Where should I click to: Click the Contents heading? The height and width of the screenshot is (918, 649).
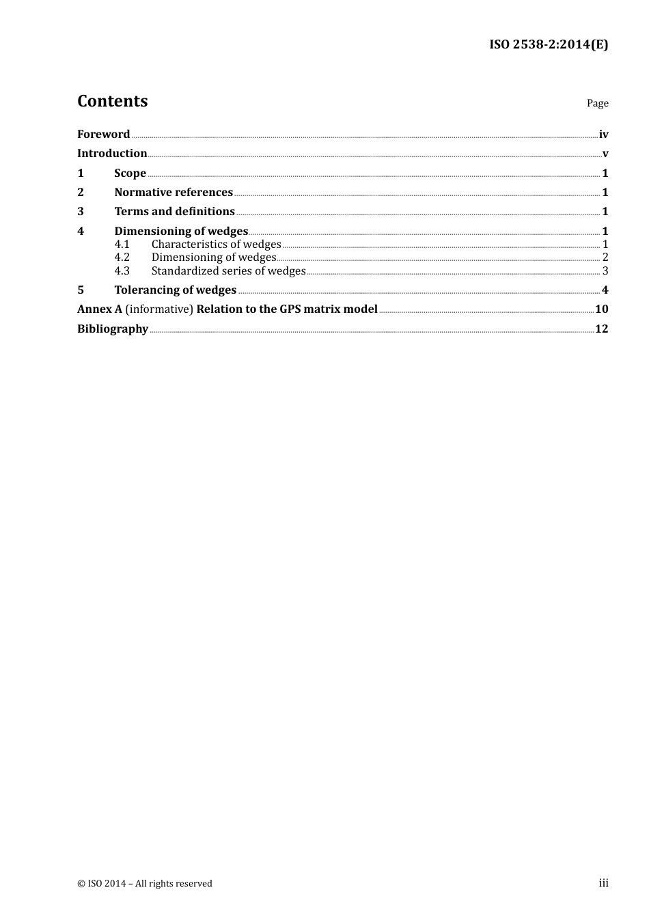(x=112, y=101)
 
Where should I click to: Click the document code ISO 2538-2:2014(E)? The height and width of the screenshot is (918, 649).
(x=549, y=45)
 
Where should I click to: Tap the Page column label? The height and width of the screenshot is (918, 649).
(x=597, y=103)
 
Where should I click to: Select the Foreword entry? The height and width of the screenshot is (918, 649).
(x=103, y=134)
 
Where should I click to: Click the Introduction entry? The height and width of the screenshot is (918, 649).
(x=112, y=153)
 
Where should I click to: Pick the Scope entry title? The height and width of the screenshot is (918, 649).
(x=130, y=173)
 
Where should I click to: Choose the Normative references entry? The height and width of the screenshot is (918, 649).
(x=174, y=192)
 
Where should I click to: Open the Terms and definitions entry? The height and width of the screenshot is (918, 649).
(x=174, y=211)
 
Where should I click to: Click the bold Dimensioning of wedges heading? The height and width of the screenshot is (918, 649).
(x=181, y=231)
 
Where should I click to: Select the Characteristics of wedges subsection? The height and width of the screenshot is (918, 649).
(x=216, y=244)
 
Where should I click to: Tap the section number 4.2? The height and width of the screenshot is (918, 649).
(x=122, y=257)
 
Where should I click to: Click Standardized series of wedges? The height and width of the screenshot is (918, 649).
(x=228, y=270)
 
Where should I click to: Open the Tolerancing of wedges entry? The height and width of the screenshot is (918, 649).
(x=175, y=290)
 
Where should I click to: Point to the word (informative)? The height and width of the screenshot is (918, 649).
(x=159, y=309)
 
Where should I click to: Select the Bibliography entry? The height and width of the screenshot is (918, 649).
(x=113, y=329)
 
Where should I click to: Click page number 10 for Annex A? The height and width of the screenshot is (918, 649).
(x=601, y=309)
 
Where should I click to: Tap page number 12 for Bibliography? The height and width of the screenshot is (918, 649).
(x=601, y=329)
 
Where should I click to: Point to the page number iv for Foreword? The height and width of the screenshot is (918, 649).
(x=603, y=134)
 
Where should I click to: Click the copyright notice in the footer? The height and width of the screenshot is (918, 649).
(x=145, y=883)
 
